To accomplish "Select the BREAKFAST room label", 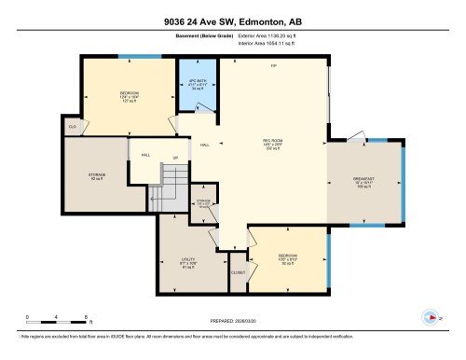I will pos(363,181).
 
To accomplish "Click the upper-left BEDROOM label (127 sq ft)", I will pos(130,95).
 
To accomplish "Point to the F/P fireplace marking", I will pos(273,66).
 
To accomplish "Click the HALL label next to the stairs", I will pos(146,155).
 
